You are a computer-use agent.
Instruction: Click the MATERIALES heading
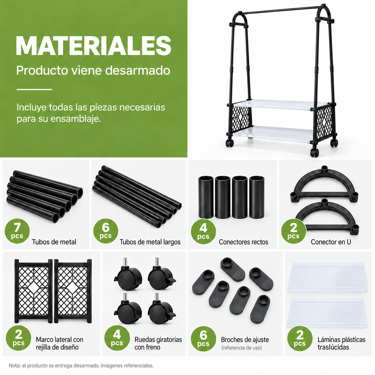[x=94, y=46]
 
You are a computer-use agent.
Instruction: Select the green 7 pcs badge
[x=17, y=231]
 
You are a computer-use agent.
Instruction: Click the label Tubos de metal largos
[x=150, y=242]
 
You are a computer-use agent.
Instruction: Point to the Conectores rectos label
[x=243, y=242]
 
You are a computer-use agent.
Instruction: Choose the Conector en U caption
[x=331, y=242]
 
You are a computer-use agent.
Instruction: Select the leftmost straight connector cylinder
[x=206, y=197]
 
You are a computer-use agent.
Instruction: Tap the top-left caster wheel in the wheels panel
[x=128, y=275]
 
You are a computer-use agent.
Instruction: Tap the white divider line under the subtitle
[x=34, y=89]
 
